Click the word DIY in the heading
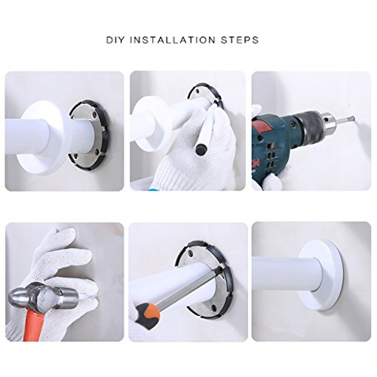(115, 40)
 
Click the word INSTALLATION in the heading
(173, 40)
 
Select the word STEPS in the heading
(240, 40)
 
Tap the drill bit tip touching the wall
(353, 117)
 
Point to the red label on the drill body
(262, 127)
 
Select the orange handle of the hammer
(34, 325)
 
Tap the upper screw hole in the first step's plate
(94, 115)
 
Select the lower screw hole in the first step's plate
(97, 152)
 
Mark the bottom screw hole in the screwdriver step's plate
(214, 307)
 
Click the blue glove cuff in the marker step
(151, 189)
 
